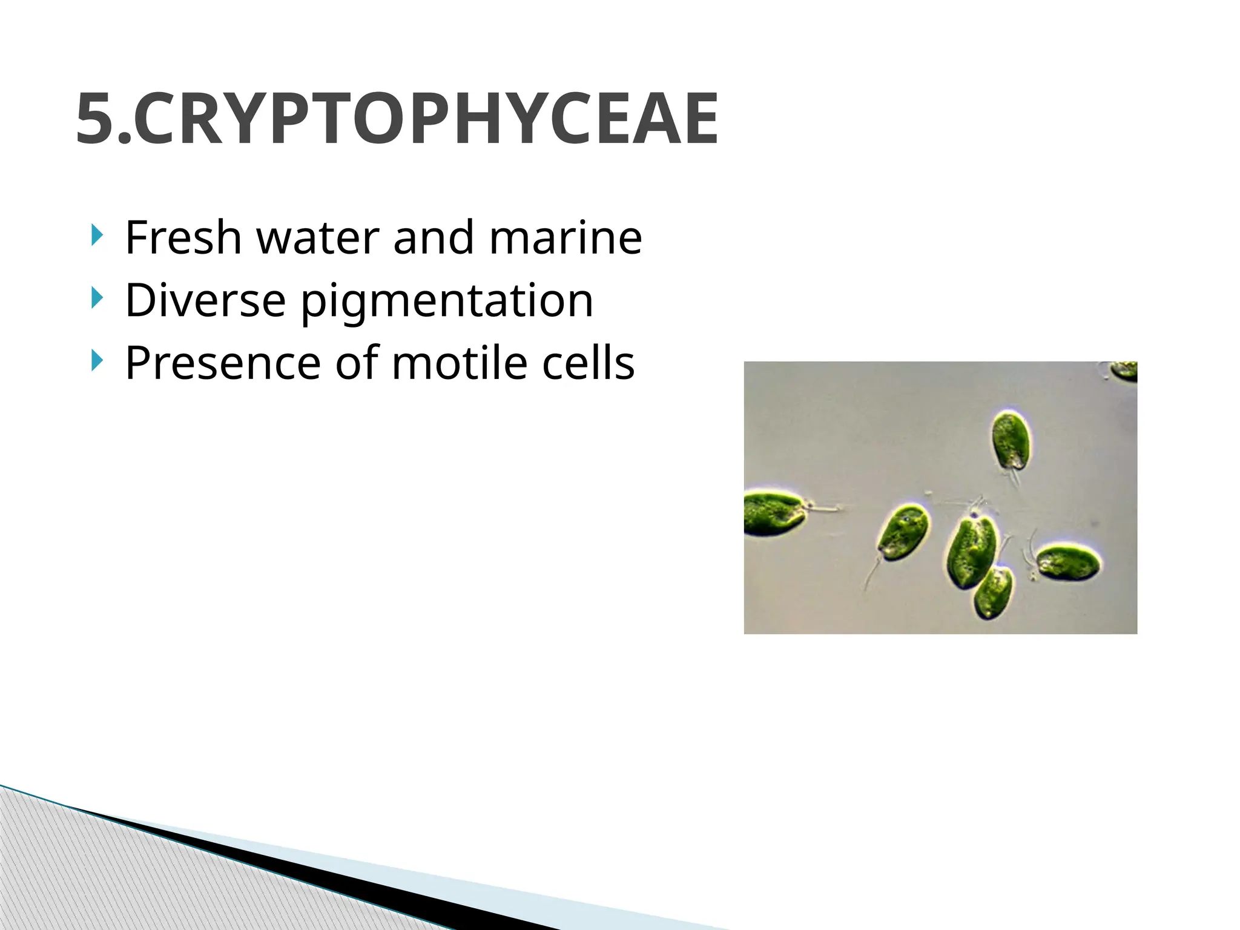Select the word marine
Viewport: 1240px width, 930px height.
566,237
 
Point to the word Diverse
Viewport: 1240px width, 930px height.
205,300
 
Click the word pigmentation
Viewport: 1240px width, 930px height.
447,302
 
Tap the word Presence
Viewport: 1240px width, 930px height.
223,363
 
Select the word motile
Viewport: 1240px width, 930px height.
460,363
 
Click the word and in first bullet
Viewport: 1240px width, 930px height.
433,237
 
